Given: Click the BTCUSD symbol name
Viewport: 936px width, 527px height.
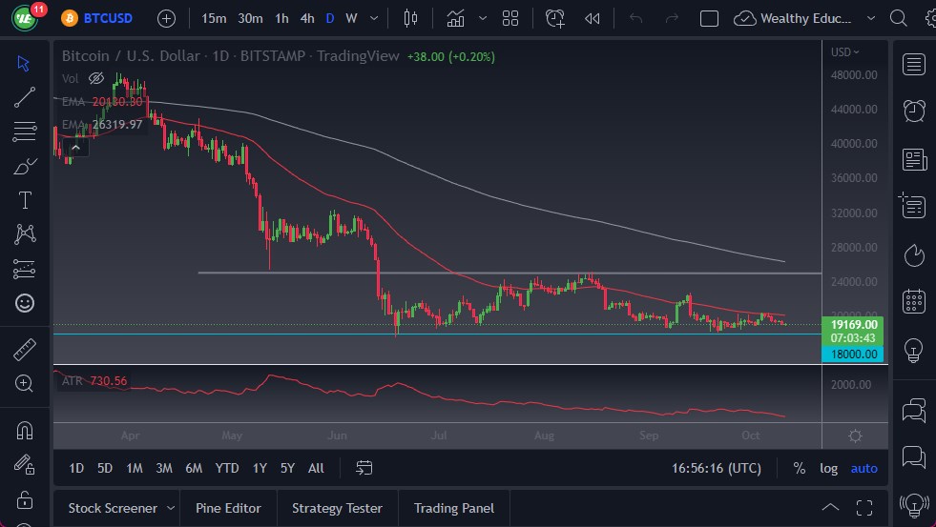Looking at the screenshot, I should tap(108, 18).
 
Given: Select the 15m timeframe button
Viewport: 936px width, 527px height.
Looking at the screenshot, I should tap(214, 18).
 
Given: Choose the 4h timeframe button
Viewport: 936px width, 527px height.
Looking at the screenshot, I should tap(306, 18).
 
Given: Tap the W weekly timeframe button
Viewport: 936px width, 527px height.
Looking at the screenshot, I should tap(351, 18).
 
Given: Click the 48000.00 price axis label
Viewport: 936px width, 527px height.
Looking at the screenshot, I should tap(854, 74).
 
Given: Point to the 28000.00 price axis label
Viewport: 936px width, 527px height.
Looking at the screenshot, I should tap(854, 248).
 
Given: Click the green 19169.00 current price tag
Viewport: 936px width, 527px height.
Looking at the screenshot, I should tap(854, 324).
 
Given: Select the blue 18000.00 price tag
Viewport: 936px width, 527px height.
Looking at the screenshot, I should tap(854, 354).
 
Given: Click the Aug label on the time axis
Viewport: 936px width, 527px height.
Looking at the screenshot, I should tap(543, 436).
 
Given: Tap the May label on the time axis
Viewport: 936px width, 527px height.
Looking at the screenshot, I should tap(232, 436).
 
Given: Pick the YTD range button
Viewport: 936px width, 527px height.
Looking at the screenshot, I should tap(227, 468).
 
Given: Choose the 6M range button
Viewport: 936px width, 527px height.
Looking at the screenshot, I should tap(194, 468).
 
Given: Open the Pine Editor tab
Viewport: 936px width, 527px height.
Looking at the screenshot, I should tap(228, 508).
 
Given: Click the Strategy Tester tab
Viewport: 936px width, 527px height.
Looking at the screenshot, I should tap(337, 508).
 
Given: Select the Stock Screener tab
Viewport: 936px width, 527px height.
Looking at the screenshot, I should tap(114, 508).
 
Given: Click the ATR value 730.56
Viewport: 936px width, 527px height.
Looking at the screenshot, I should tap(108, 380).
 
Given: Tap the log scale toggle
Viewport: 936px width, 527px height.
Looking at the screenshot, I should tap(828, 468).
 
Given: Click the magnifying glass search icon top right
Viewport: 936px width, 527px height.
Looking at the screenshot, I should tap(898, 18).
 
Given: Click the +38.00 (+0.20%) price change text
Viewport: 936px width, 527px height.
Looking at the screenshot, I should tap(450, 56).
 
